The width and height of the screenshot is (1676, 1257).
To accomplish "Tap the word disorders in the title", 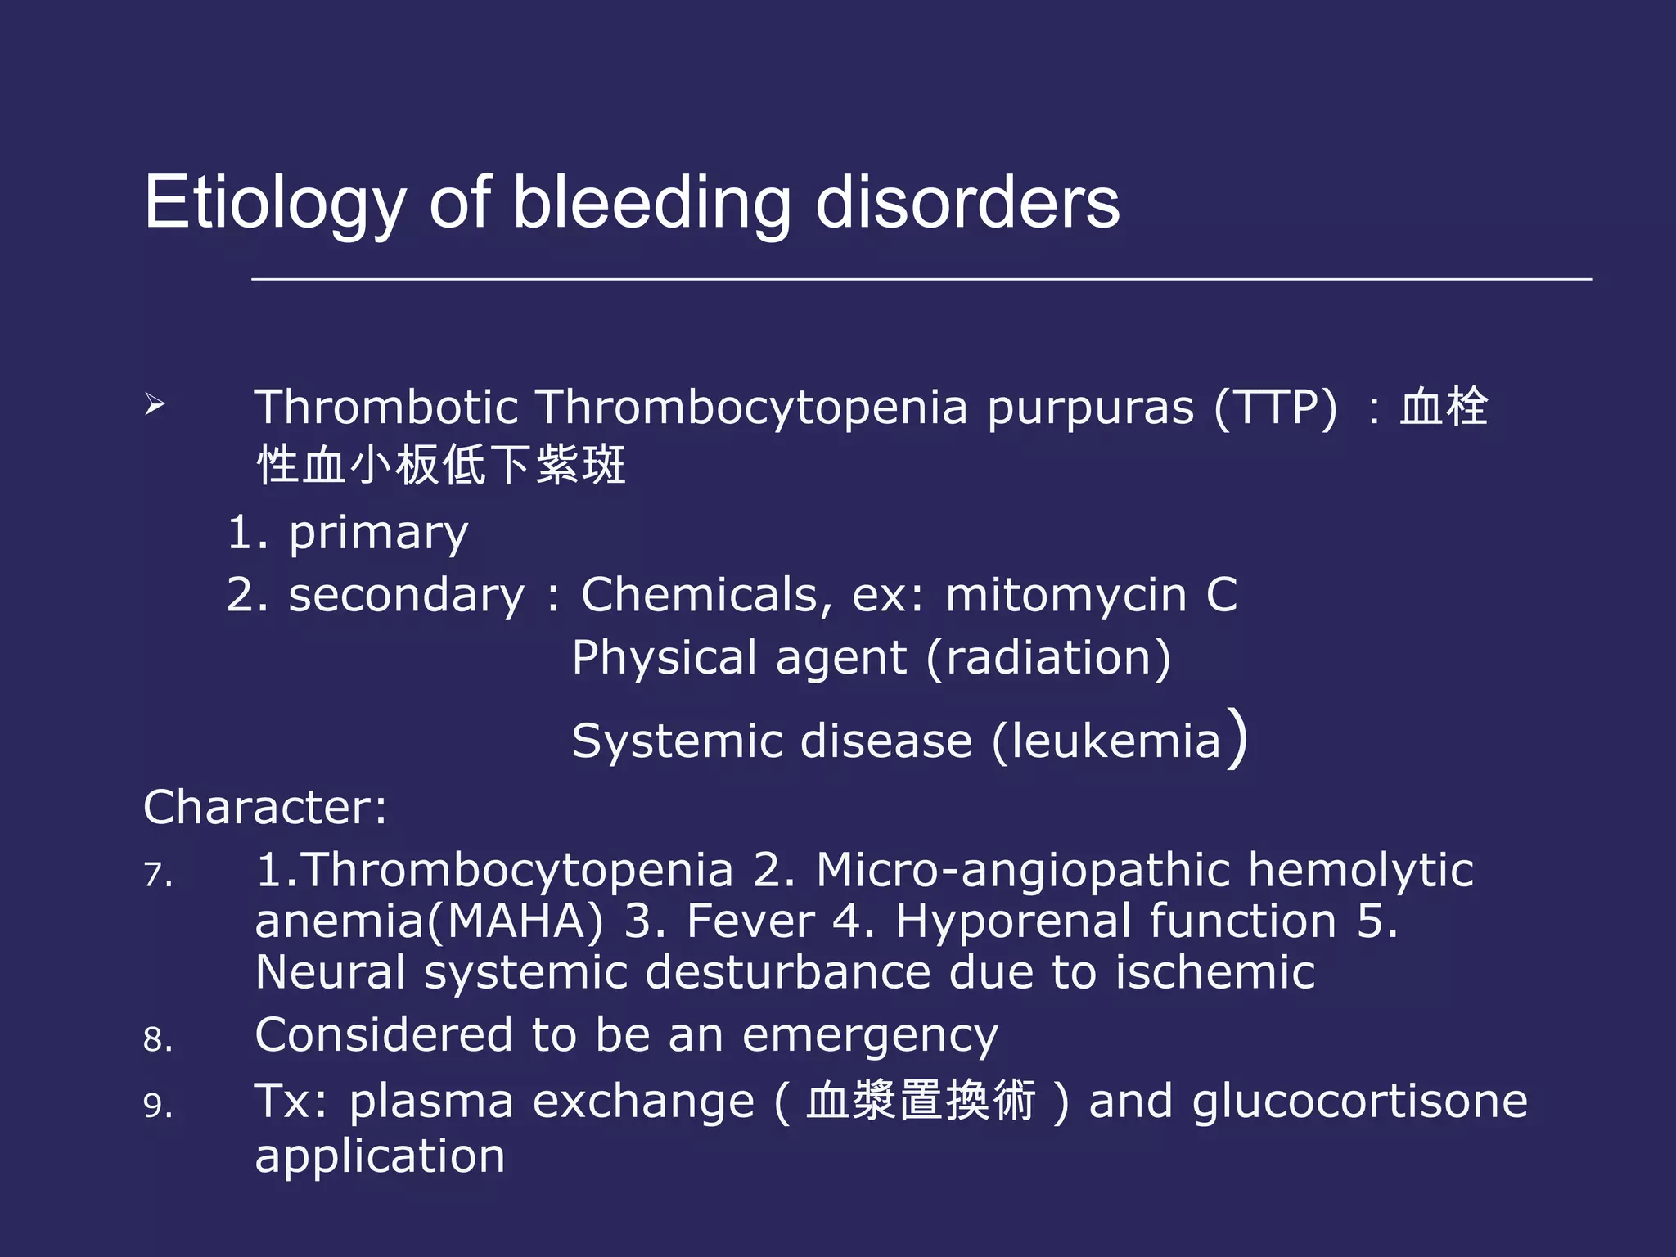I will click(967, 203).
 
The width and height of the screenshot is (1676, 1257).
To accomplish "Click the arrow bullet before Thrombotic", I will click(155, 403).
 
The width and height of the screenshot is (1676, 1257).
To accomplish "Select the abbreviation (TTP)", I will click(1276, 407).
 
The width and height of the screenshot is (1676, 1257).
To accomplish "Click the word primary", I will click(378, 534).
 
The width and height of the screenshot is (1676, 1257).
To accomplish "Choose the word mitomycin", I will click(1066, 595).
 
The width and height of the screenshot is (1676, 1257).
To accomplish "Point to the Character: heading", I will click(265, 808).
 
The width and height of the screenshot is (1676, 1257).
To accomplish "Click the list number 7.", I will click(157, 875).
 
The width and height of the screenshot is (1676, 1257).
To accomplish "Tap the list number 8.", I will click(157, 1040).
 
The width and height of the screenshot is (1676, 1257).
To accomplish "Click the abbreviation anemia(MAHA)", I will click(429, 921).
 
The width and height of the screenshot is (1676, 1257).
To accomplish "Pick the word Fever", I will click(750, 921).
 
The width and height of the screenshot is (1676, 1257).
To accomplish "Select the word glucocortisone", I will click(1359, 1102).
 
